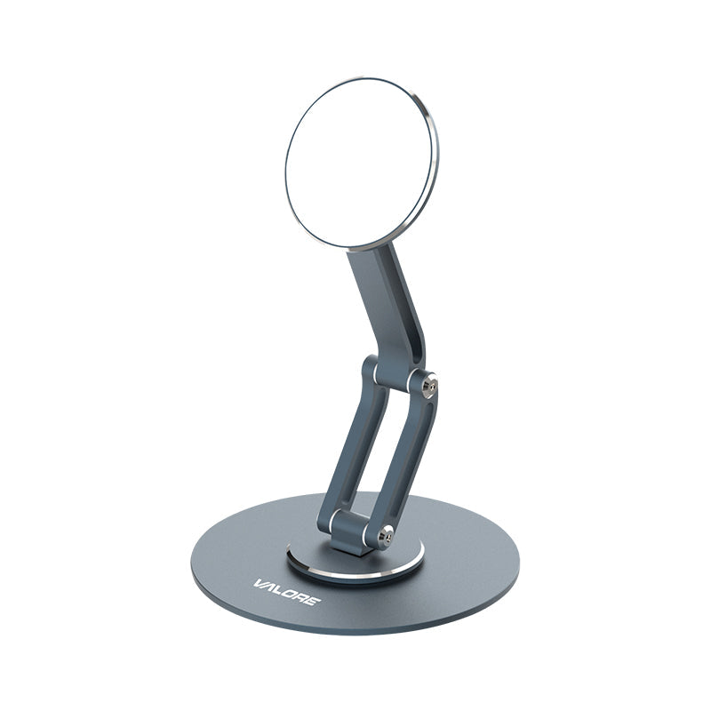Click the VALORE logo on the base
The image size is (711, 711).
[287, 592]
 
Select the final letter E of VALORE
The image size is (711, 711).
[314, 601]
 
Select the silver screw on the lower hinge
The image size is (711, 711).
[387, 536]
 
